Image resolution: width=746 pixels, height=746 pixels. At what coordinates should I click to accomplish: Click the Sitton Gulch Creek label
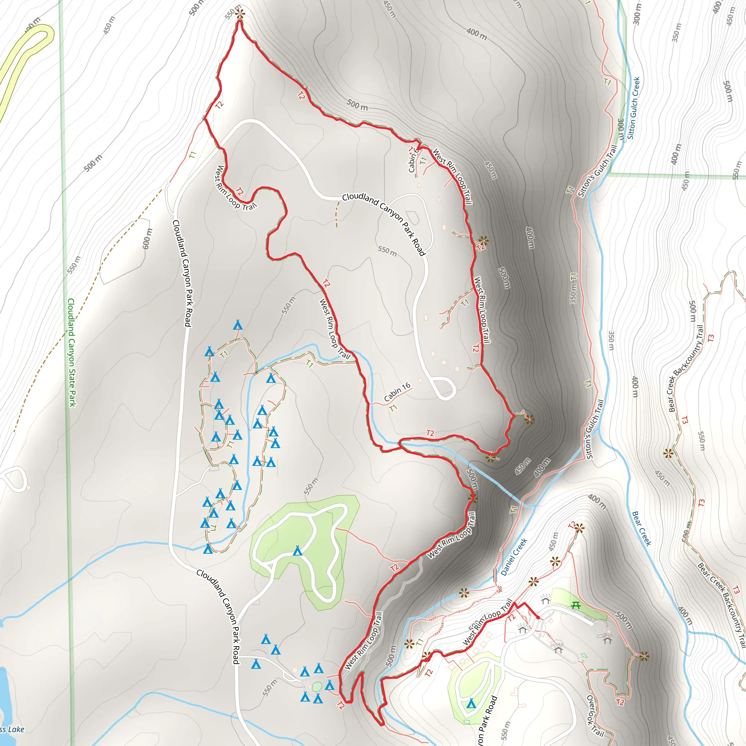[634, 108]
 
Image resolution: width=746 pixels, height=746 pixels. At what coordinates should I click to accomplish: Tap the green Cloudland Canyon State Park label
[71, 353]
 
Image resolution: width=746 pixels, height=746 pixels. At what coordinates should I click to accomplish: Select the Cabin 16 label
[397, 392]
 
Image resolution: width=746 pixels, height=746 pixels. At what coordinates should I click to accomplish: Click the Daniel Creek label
[514, 557]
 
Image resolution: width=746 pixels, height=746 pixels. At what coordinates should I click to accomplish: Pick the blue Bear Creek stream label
[641, 528]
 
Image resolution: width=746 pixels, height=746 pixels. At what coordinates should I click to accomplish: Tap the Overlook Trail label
[595, 715]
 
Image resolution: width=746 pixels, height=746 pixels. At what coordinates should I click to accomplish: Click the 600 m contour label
[148, 239]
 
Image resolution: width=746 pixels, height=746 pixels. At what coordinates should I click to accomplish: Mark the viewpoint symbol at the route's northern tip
[240, 15]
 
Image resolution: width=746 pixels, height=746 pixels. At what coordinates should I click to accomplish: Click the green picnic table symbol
[576, 605]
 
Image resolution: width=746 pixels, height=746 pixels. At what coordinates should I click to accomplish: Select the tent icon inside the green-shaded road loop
[297, 551]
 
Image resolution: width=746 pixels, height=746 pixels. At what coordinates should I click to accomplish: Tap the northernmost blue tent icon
[238, 325]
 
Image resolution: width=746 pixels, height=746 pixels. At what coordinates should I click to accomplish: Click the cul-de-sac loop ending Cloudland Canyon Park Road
[444, 388]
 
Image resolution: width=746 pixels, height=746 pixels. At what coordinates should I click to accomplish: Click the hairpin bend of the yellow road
[44, 33]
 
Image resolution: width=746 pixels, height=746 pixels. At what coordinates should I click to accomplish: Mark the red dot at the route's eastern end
[538, 618]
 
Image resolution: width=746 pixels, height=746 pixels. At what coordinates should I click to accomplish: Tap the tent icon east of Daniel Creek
[471, 703]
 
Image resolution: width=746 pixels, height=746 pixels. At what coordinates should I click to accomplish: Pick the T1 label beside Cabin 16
[393, 408]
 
